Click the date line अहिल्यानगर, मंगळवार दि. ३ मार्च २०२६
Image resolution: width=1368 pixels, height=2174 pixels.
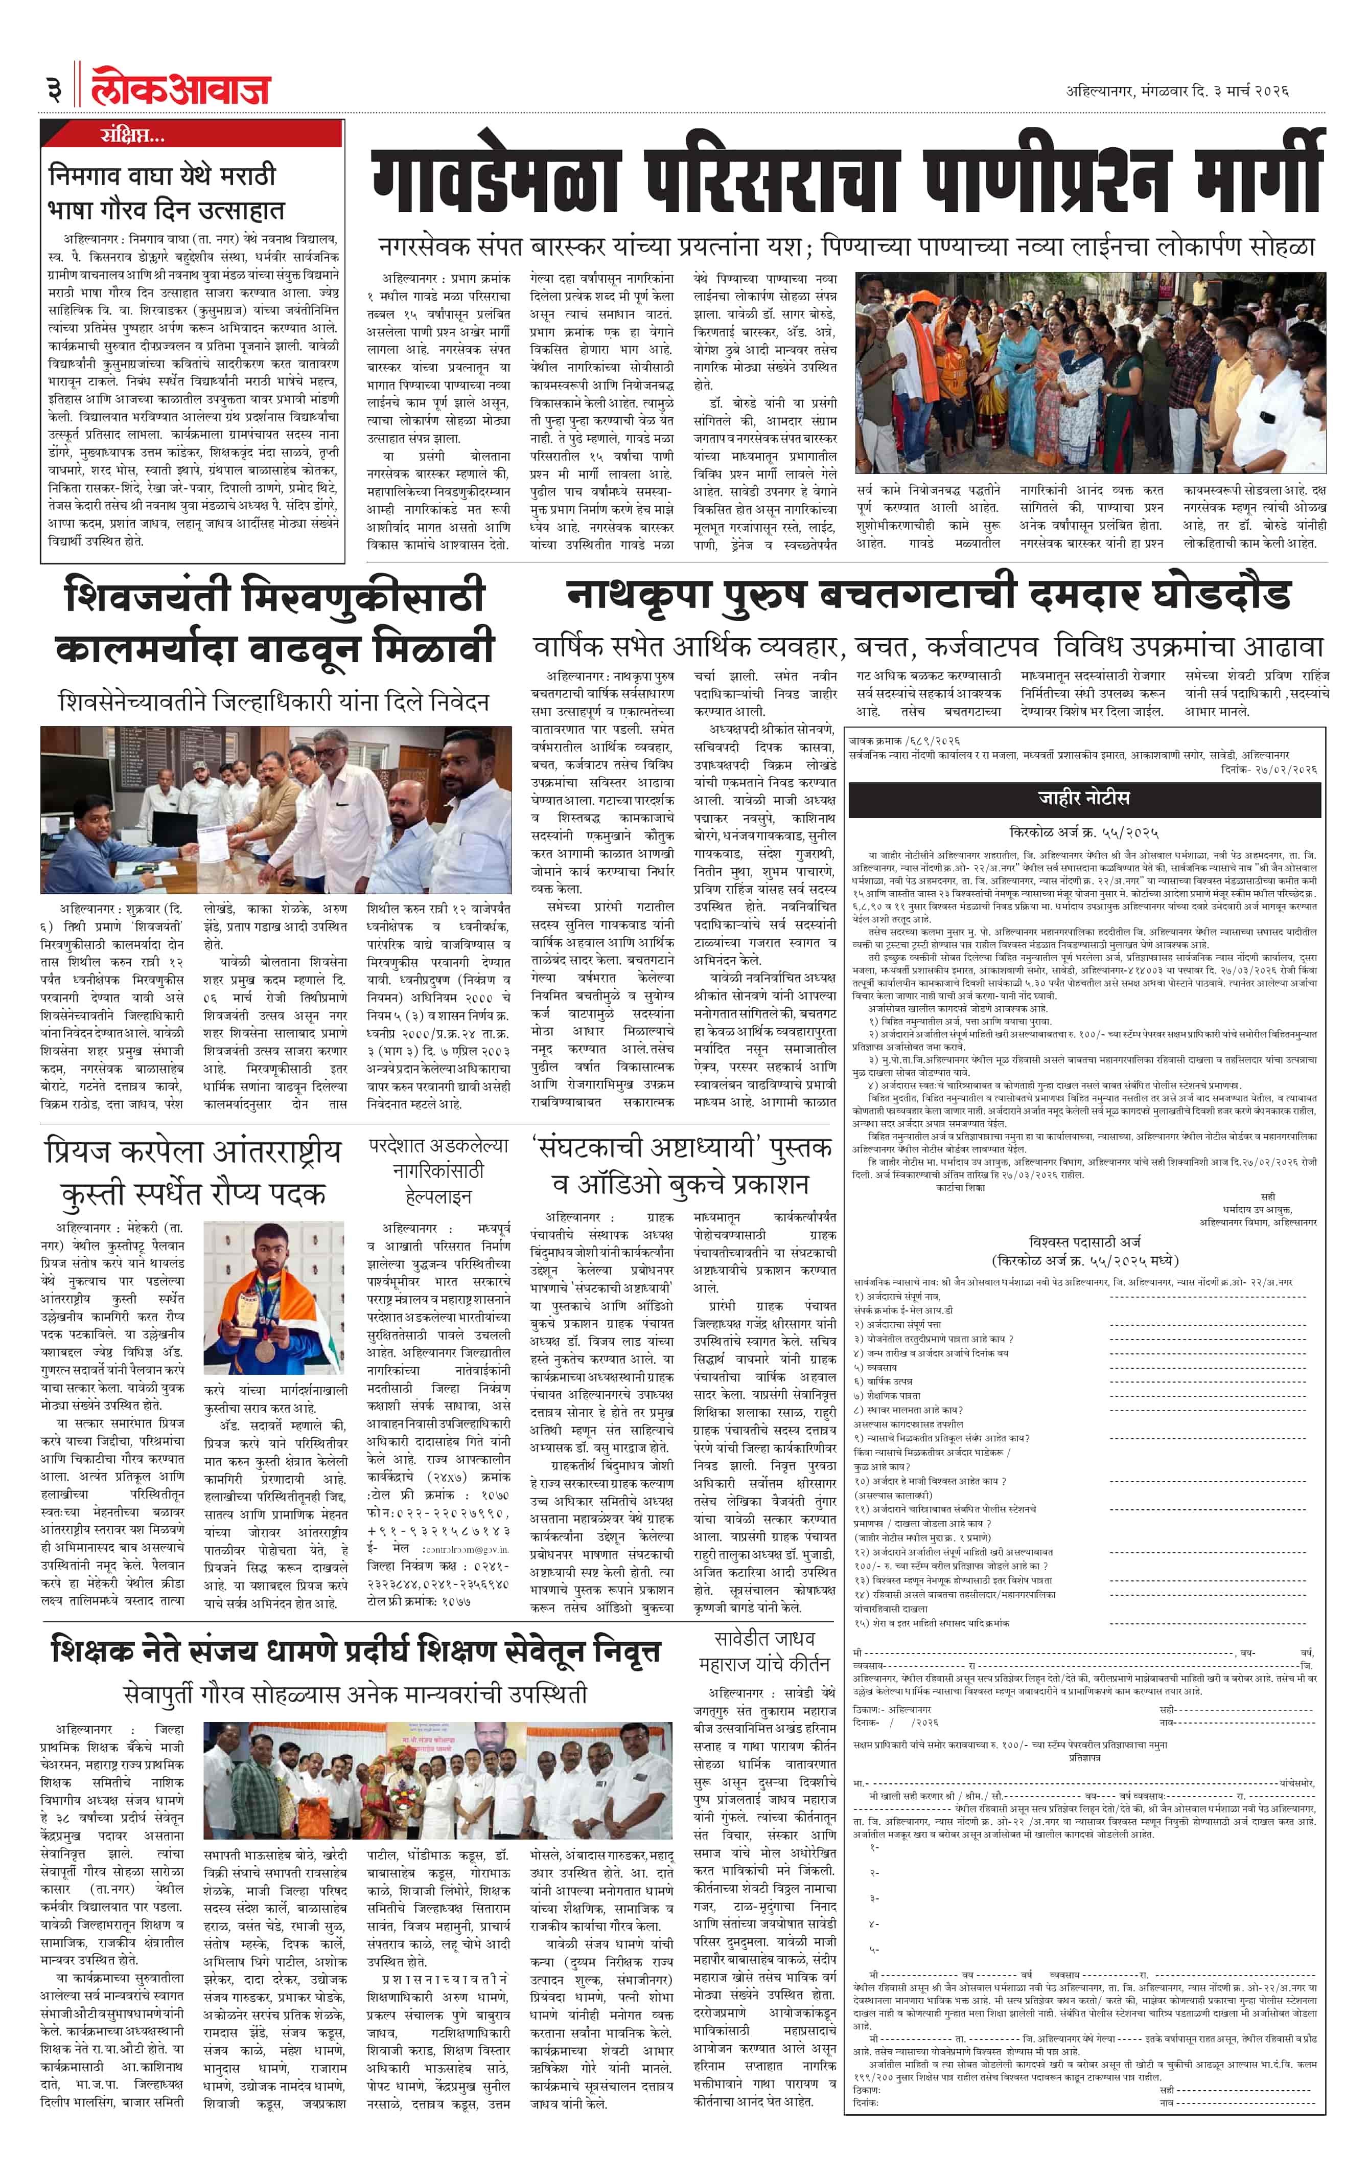click(x=1177, y=90)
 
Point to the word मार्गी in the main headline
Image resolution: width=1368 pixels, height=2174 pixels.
click(x=1259, y=171)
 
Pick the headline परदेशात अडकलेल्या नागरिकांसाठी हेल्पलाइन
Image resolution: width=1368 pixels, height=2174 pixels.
click(x=438, y=1170)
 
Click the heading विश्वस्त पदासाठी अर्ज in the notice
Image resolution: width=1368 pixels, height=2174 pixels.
click(x=1085, y=1242)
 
